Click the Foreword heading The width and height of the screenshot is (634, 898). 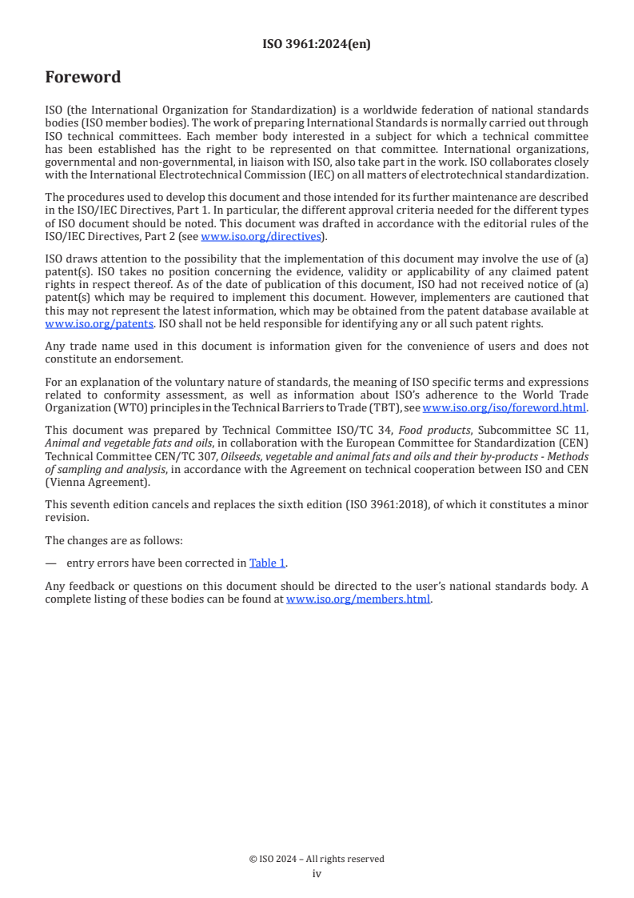pos(83,78)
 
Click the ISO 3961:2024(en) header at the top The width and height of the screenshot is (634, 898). pos(317,45)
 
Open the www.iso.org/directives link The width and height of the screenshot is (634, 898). pos(261,236)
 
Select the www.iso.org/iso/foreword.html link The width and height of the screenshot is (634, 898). pos(504,407)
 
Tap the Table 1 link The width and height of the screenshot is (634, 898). pos(267,563)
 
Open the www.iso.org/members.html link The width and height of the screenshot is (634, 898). pos(358,599)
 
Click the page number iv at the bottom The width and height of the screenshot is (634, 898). pos(317,874)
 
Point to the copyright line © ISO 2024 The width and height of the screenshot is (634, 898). pos(317,859)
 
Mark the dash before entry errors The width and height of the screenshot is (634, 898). pos(51,563)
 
